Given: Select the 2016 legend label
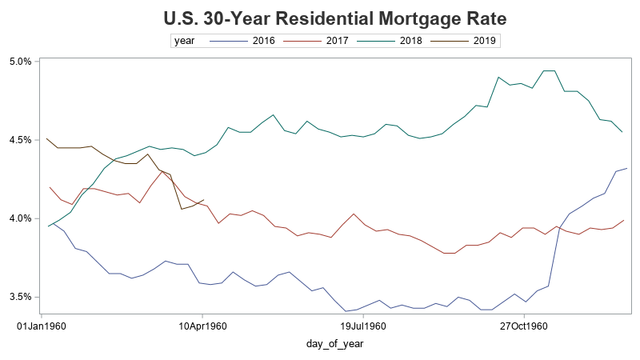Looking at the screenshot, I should pyautogui.click(x=263, y=40).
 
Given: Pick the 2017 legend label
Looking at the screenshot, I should pyautogui.click(x=338, y=40).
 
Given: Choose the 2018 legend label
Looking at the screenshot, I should pyautogui.click(x=411, y=40).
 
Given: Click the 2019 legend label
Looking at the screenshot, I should pyautogui.click(x=485, y=40).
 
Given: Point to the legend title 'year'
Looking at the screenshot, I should pyautogui.click(x=185, y=40).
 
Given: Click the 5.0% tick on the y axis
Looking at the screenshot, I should pyautogui.click(x=20, y=61).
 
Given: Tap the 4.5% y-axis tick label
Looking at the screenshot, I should pyautogui.click(x=20, y=139).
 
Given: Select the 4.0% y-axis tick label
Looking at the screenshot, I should pyautogui.click(x=20, y=218).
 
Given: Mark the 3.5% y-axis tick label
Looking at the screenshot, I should pyautogui.click(x=20, y=297).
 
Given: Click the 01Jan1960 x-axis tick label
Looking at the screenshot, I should pyautogui.click(x=41, y=326).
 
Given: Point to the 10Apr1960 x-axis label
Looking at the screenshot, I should pyautogui.click(x=203, y=326).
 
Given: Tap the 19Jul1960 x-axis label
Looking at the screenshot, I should pyautogui.click(x=364, y=326).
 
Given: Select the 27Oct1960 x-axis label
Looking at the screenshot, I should pyautogui.click(x=524, y=326).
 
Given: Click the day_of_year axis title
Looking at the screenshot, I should pyautogui.click(x=336, y=344).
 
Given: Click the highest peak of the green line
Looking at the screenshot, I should pyautogui.click(x=550, y=71).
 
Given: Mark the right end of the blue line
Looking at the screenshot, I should pyautogui.click(x=626, y=168).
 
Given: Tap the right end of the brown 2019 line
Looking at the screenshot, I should pyautogui.click(x=205, y=200).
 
